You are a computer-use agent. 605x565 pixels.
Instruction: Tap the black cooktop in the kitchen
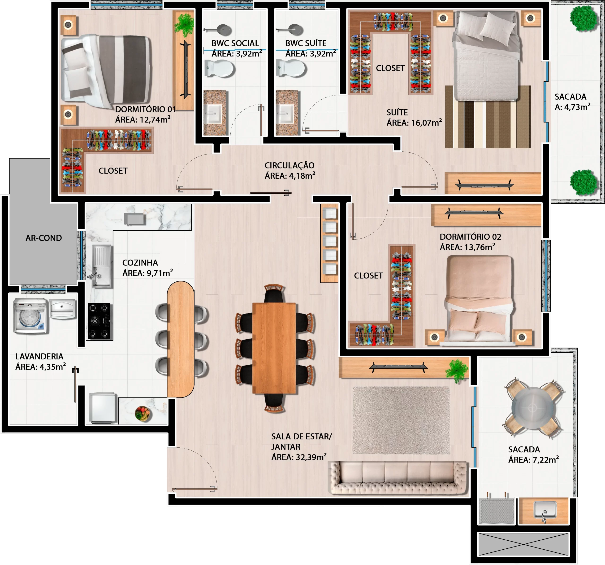tap(99, 321)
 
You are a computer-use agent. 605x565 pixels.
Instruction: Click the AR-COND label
tap(43, 238)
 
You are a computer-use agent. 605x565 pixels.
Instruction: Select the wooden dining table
tap(274, 348)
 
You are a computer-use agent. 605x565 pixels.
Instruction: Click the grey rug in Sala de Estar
tap(401, 420)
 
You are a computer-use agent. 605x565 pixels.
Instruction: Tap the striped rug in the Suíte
tap(488, 117)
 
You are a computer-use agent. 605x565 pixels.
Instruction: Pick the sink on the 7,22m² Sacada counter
tap(545, 510)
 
